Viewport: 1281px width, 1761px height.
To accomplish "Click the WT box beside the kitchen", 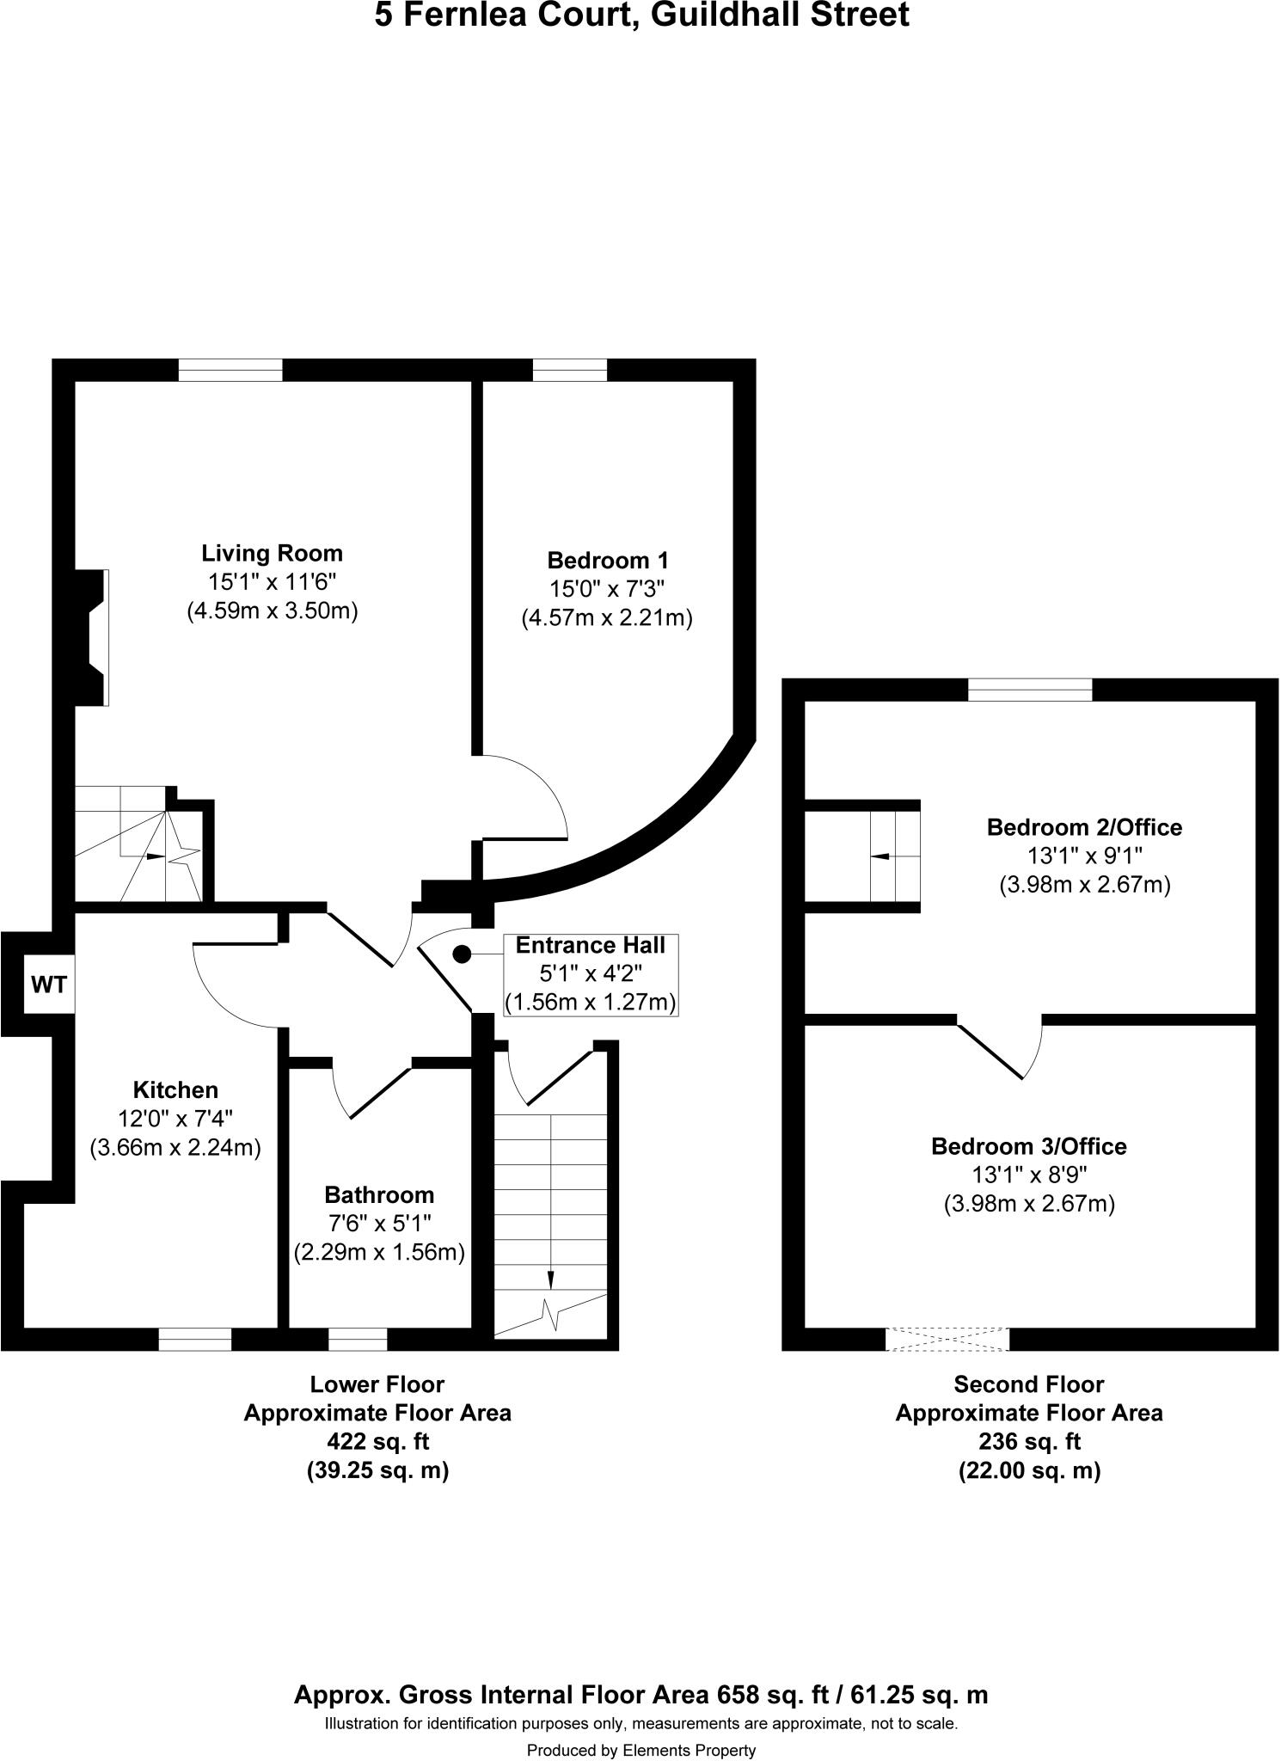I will point(49,985).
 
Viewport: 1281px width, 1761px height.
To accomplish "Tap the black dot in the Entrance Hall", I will point(462,954).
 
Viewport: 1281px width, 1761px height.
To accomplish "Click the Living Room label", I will point(272,553).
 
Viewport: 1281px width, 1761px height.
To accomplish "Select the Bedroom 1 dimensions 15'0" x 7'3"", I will point(607,589).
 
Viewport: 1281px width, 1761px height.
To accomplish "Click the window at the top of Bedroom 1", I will point(569,370).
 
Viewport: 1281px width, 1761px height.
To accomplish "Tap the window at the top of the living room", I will point(230,370).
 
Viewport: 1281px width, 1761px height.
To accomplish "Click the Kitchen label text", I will point(175,1090).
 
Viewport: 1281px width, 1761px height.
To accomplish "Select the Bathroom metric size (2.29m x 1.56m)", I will point(379,1253).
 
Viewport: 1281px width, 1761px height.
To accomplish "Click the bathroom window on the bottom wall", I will point(358,1339).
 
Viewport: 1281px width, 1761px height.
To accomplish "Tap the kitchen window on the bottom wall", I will point(195,1339).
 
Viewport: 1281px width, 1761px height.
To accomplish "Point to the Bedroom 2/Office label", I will point(1084,827).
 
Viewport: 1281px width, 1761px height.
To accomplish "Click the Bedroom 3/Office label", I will point(1028,1146).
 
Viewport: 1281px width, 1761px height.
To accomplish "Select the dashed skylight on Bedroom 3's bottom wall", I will point(947,1339).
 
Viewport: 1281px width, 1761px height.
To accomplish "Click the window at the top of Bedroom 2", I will point(1030,690).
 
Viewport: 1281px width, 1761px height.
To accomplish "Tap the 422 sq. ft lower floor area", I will point(377,1441).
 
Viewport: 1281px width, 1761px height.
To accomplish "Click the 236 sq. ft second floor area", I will point(1029,1441).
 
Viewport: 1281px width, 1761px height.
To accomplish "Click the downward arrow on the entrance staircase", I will point(550,1279).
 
